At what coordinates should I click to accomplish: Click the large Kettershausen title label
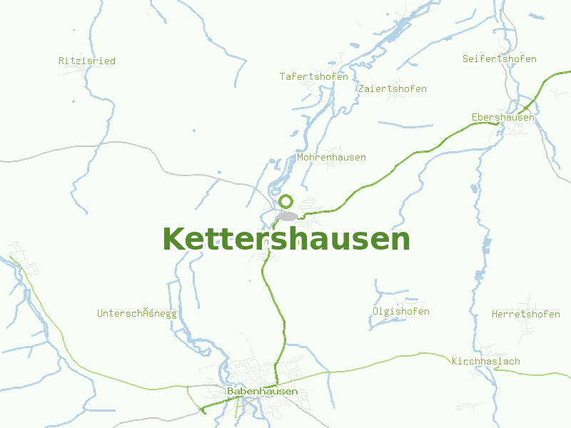286,240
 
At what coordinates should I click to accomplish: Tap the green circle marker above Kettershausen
286,201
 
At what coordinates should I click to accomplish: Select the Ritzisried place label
86,61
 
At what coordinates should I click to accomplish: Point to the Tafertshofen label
313,76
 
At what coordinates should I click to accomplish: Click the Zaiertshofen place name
393,88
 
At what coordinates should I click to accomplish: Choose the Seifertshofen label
499,58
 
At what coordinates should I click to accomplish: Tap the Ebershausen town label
502,117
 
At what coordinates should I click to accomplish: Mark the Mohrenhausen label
331,157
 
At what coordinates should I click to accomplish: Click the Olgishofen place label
400,312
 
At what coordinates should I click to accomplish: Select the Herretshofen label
525,314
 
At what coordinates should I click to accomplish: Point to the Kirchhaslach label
485,361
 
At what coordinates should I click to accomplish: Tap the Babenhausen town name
262,392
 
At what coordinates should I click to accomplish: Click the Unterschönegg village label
136,313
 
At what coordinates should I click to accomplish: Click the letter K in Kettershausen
173,240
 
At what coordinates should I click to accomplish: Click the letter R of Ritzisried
61,61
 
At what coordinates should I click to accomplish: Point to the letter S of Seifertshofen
465,58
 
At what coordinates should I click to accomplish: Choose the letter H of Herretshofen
495,314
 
